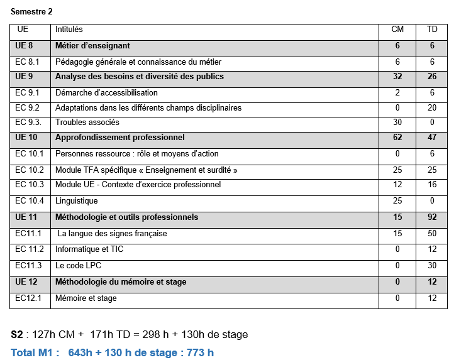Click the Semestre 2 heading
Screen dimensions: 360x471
31,11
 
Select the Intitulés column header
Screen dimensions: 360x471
69,30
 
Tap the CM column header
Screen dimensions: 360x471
397,30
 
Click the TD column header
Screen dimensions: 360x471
432,30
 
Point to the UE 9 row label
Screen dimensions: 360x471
24,77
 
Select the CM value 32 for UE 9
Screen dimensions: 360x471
397,77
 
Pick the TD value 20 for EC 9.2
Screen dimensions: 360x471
432,107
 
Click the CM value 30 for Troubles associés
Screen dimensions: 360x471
397,123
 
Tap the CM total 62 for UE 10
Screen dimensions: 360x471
397,138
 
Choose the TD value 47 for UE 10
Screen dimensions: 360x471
432,138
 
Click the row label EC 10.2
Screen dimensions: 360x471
30,170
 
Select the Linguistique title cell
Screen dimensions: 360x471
77,201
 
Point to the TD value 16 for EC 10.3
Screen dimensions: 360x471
432,185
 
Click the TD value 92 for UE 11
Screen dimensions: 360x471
432,217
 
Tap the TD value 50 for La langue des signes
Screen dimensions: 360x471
432,234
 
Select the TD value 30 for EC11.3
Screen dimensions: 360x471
432,266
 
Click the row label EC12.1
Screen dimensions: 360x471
28,298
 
